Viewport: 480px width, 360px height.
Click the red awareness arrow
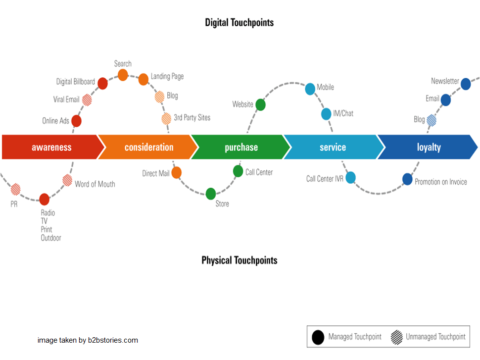click(52, 147)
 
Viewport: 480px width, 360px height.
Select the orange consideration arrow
click(148, 147)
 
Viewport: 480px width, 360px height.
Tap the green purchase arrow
click(241, 147)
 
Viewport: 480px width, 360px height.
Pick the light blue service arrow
click(333, 147)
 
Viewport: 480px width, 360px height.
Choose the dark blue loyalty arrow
click(428, 147)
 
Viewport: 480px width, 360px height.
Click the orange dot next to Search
click(123, 75)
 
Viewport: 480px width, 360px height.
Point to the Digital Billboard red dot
click(102, 83)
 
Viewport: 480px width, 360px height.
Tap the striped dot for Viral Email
click(87, 100)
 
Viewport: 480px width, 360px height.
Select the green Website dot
click(260, 104)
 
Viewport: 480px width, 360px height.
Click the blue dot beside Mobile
click(310, 89)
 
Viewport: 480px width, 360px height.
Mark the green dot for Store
click(211, 194)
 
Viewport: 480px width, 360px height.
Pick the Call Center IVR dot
click(350, 177)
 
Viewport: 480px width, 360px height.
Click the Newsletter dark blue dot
click(466, 84)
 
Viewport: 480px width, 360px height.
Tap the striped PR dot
click(15, 189)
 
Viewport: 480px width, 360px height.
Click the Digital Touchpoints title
click(239, 22)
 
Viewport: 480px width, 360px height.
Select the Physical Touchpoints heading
click(239, 260)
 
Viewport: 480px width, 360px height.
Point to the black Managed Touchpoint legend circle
click(318, 337)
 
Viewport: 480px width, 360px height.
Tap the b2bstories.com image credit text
click(88, 340)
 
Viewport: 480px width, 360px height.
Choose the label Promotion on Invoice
click(440, 182)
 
